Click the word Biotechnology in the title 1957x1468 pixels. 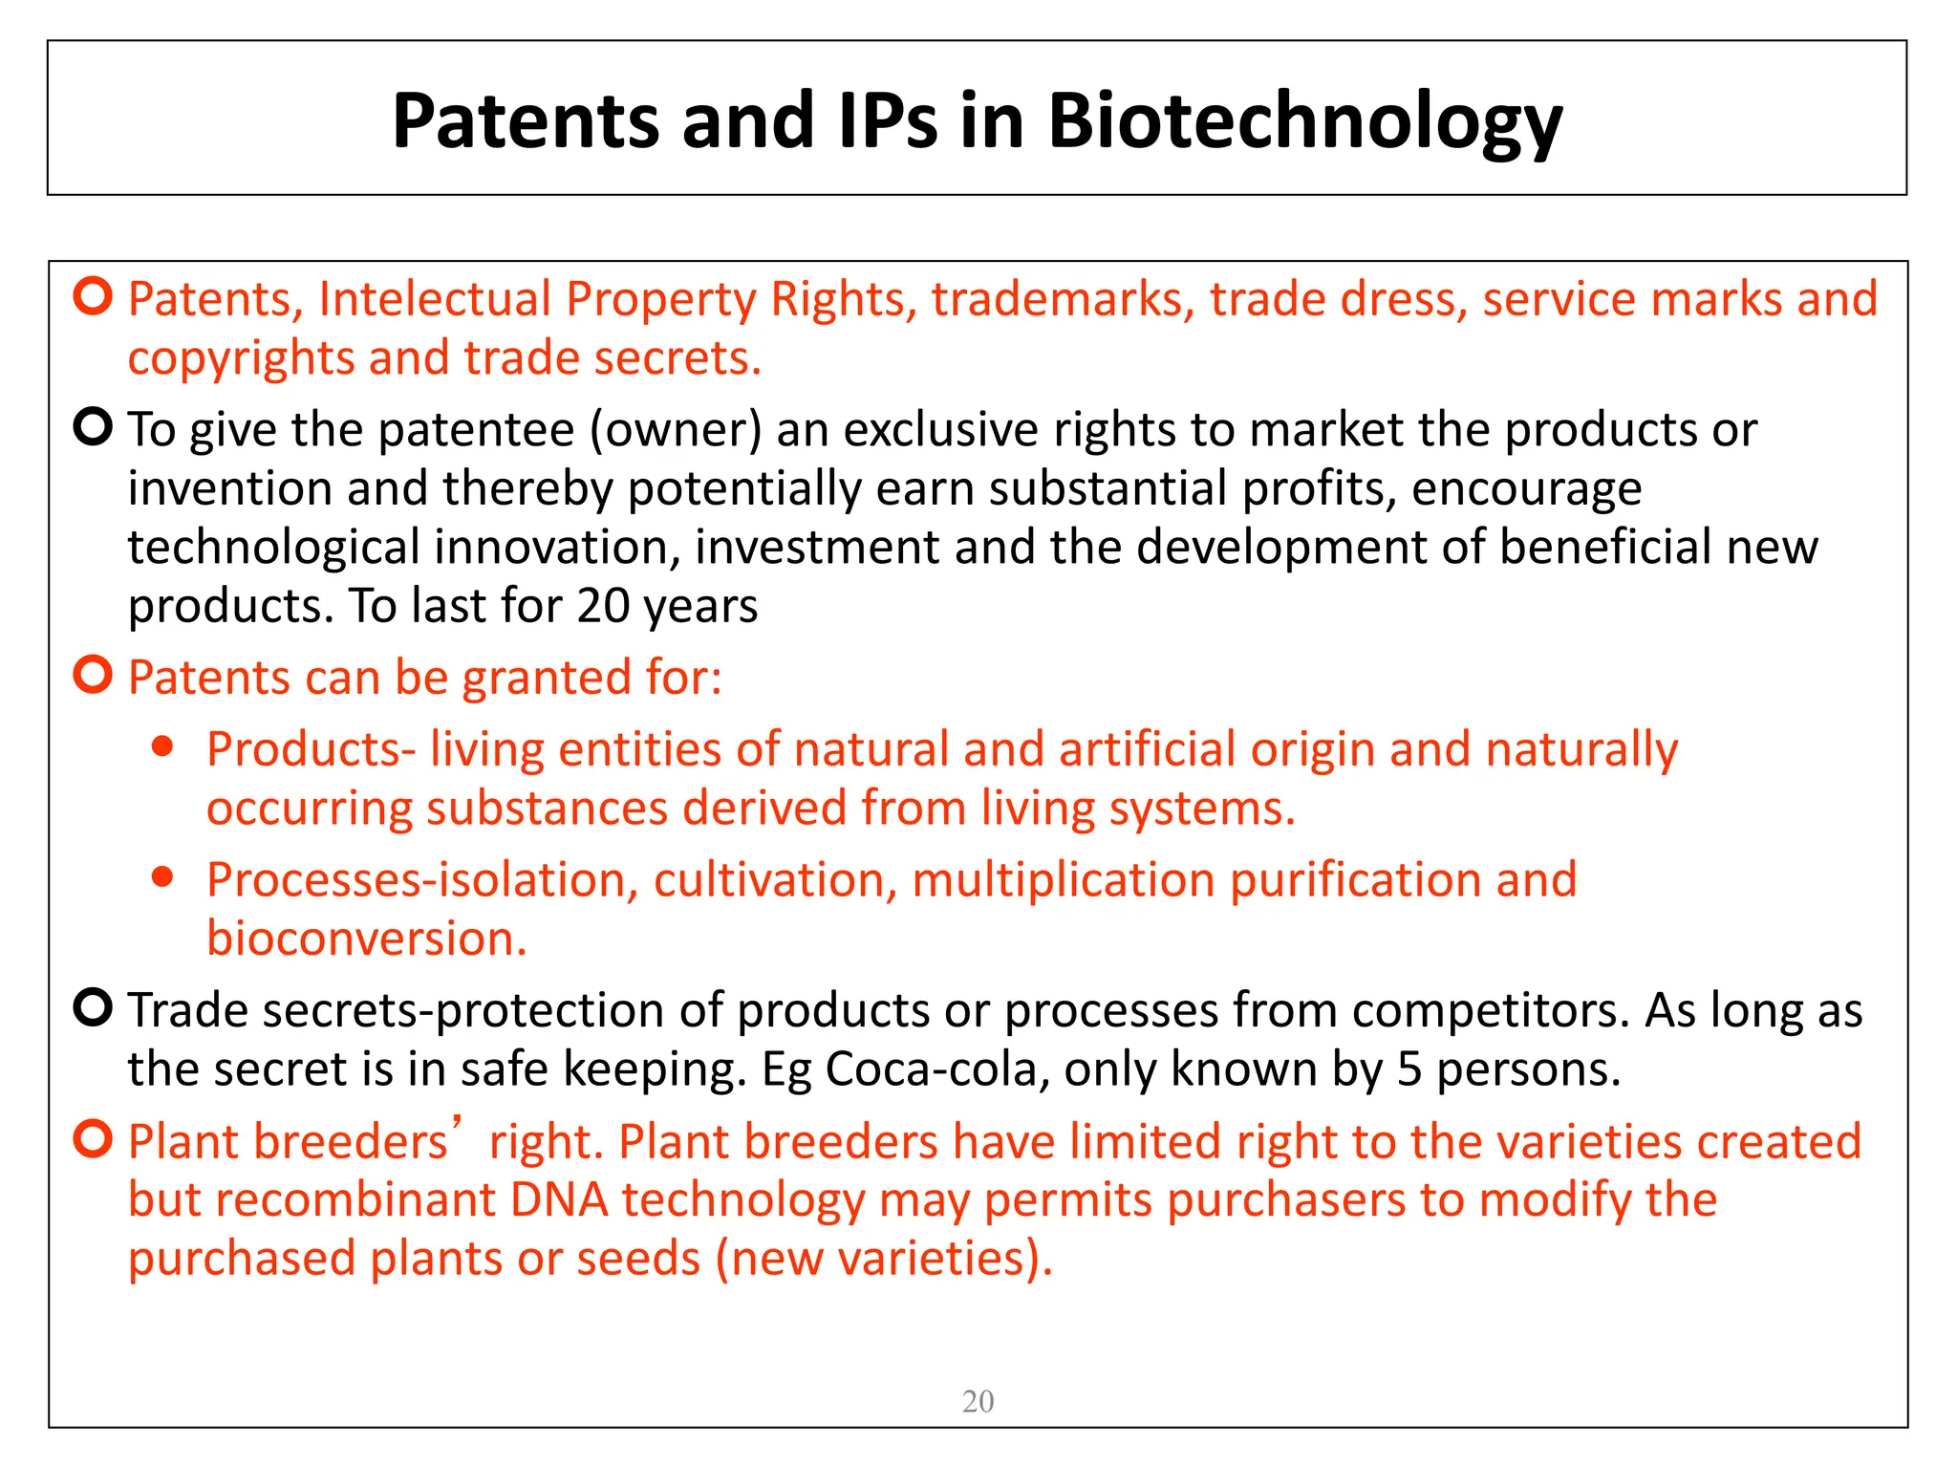tap(1304, 122)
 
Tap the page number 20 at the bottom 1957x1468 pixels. tap(978, 1401)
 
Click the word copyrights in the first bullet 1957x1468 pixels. tap(241, 359)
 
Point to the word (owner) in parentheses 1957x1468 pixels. tap(676, 430)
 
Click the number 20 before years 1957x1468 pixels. tap(602, 606)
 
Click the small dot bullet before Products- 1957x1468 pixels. tap(163, 746)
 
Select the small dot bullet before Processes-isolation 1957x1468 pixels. tap(163, 876)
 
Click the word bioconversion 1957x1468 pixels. tap(366, 939)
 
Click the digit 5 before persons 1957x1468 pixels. tap(1409, 1069)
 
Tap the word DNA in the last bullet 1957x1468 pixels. tap(559, 1200)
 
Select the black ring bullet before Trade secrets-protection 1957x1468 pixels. tap(94, 1007)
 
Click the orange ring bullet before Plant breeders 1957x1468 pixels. tap(94, 1139)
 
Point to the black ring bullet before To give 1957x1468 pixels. tap(94, 426)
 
